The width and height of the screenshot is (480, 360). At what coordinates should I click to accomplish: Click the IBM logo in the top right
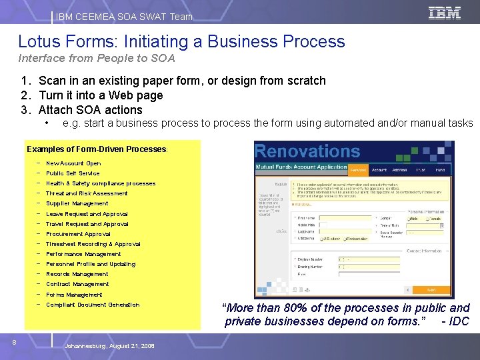(444, 13)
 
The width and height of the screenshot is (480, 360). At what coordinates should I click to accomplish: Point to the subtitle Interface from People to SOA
(97, 59)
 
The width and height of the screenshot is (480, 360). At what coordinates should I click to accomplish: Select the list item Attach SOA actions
(90, 110)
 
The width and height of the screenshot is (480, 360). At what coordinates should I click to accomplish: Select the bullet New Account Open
(73, 163)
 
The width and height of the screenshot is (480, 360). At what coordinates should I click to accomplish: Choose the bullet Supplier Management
(77, 203)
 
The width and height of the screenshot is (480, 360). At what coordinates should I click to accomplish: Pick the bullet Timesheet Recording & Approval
(93, 244)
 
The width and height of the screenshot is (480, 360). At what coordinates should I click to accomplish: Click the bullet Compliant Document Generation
(93, 305)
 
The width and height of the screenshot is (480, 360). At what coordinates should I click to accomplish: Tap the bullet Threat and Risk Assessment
(87, 193)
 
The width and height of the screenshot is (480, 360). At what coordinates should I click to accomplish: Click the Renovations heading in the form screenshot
(307, 151)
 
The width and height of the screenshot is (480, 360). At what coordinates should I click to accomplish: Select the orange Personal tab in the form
(359, 170)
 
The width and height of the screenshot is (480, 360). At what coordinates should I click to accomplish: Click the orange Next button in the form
(431, 290)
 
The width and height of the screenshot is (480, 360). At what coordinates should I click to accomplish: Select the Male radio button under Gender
(409, 218)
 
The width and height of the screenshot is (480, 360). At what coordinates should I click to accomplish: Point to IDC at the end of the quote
(459, 322)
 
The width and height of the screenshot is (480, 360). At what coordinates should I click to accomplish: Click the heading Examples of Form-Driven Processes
(97, 149)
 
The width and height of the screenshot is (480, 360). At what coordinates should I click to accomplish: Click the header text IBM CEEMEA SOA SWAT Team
(124, 17)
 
